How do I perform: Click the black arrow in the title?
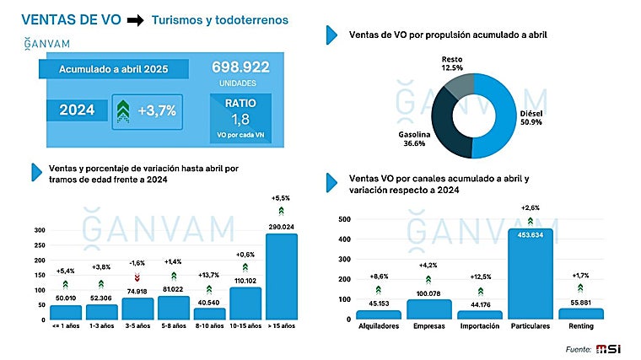(134, 19)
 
